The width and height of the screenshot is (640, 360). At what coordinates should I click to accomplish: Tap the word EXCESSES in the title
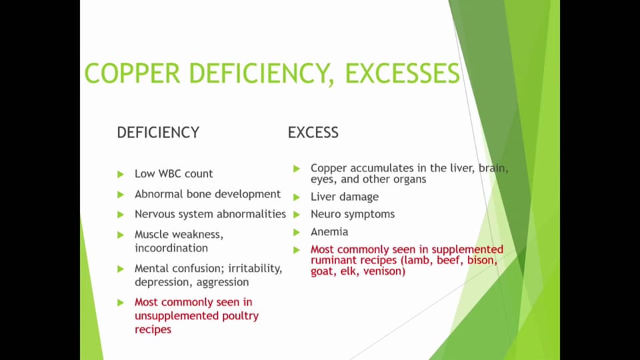(x=402, y=73)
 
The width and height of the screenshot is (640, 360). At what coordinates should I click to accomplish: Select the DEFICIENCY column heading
(x=158, y=132)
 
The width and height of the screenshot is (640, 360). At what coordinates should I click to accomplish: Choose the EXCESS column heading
(x=313, y=132)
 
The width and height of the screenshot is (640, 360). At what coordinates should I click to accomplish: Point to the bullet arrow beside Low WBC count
(x=121, y=174)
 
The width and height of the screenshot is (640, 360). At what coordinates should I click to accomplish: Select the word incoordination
(x=171, y=248)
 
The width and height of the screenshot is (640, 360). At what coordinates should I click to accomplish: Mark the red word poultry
(x=238, y=315)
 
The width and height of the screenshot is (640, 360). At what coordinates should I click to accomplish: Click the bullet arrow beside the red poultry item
(x=121, y=303)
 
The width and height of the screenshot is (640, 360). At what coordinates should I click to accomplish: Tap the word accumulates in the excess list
(x=384, y=168)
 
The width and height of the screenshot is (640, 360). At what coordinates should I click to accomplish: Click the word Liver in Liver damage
(x=323, y=197)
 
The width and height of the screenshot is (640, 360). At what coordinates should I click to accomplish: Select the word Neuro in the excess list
(x=325, y=214)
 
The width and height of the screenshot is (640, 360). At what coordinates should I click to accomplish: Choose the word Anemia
(x=329, y=232)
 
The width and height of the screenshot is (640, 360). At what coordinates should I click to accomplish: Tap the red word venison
(x=384, y=271)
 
